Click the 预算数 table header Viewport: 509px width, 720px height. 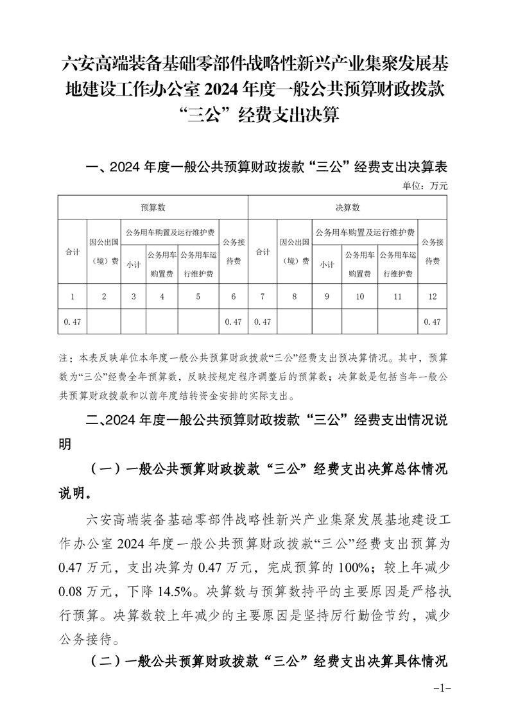click(x=153, y=208)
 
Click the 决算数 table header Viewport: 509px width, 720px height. click(x=347, y=208)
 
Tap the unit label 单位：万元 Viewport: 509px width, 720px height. click(x=425, y=186)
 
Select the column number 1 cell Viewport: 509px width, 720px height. click(x=73, y=296)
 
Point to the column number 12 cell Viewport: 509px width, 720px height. click(x=432, y=296)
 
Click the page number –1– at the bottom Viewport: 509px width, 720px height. click(x=443, y=688)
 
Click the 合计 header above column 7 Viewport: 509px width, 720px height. click(x=262, y=252)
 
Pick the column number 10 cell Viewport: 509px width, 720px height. click(x=359, y=296)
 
